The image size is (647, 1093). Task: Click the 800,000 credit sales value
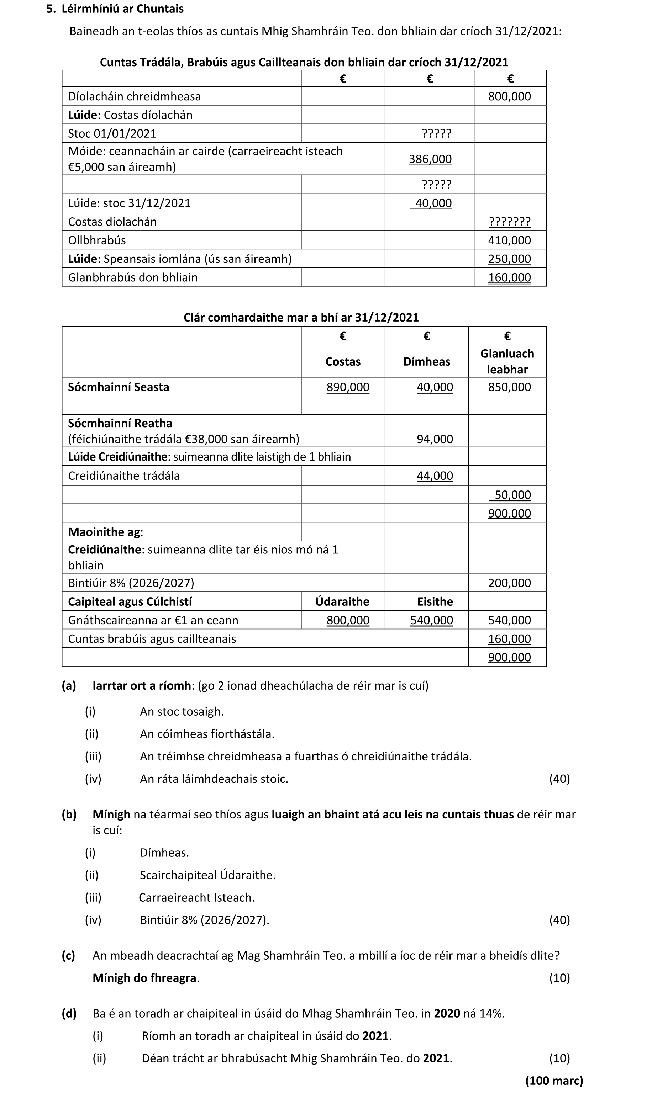point(509,96)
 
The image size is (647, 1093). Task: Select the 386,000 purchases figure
point(430,159)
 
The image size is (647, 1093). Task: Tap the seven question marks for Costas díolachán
point(509,222)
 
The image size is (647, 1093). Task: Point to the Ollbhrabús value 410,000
point(509,240)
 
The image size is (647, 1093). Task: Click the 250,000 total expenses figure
point(509,259)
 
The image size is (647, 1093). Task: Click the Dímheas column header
point(426,362)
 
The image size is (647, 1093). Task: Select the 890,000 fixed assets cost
point(347,387)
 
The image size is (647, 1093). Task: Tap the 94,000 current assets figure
point(434,439)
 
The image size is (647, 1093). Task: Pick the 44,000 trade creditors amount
point(434,476)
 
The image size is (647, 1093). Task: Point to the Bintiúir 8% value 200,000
point(509,583)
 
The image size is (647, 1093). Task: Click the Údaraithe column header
point(342,601)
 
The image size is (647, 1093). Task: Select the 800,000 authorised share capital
point(347,620)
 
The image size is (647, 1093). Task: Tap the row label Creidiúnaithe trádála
point(123,476)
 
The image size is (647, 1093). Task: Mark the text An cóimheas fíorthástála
point(207,734)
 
